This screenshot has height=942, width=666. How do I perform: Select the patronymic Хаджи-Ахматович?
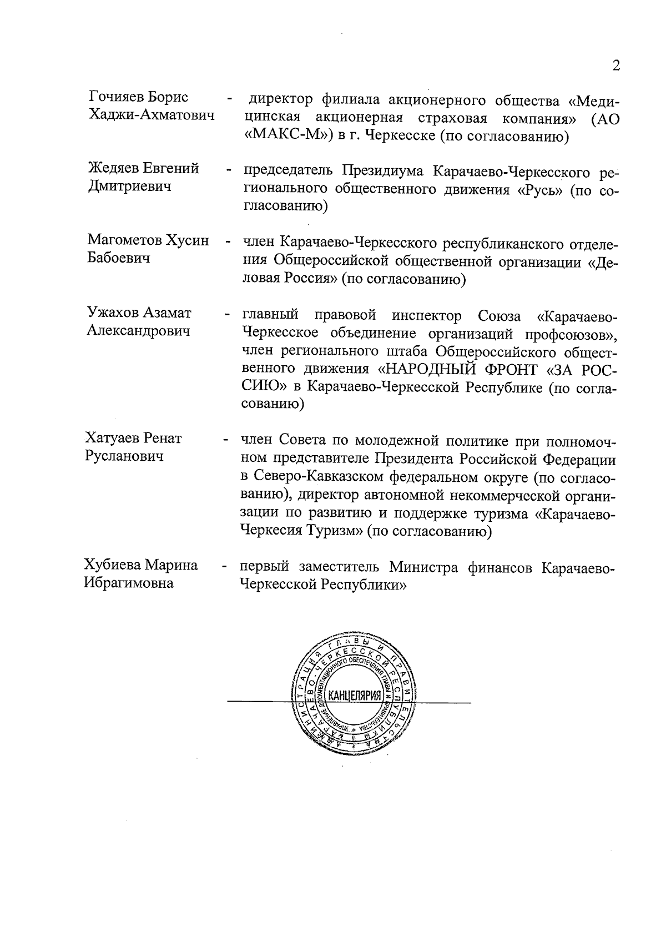click(152, 115)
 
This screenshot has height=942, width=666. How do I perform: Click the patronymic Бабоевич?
click(118, 258)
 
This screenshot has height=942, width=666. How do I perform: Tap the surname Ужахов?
click(113, 313)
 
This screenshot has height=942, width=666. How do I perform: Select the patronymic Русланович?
click(124, 456)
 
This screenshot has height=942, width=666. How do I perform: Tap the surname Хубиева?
click(113, 565)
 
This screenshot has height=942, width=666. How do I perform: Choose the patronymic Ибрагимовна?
click(128, 583)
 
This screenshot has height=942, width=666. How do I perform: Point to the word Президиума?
click(382, 170)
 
